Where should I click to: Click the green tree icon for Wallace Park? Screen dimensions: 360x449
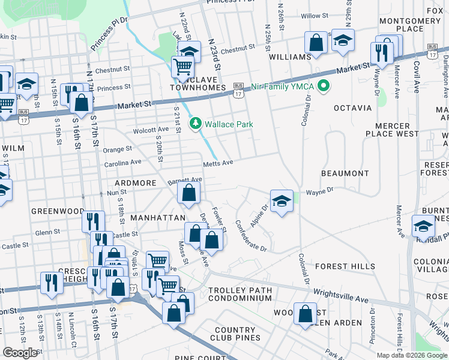coord(195,124)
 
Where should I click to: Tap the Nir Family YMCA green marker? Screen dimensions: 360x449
coord(325,86)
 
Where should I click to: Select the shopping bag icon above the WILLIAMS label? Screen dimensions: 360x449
coord(316,43)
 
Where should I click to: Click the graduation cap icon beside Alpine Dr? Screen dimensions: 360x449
coord(280,201)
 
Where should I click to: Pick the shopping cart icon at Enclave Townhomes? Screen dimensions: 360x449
coord(182,67)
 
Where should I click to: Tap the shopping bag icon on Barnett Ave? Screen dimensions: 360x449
coord(188,193)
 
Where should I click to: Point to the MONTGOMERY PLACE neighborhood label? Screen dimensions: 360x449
coord(410,25)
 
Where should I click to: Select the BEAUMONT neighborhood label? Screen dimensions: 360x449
coord(345,173)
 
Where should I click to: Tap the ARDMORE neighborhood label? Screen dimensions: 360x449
coord(136,182)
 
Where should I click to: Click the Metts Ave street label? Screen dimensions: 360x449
coord(217,163)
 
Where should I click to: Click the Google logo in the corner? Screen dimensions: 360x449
coord(20,353)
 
